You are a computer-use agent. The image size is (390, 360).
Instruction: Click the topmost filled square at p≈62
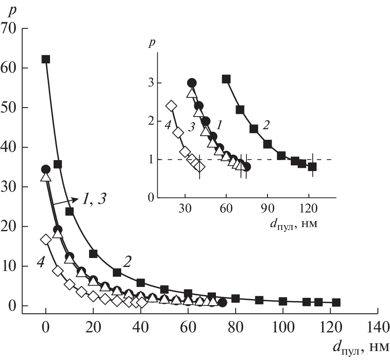point(46,59)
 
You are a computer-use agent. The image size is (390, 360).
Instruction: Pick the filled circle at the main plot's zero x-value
point(46,169)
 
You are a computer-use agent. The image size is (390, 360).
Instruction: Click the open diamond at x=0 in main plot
point(46,240)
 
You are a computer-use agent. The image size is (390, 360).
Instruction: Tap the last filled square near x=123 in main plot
point(336,302)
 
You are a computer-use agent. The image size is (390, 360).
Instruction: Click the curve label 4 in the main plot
point(40,263)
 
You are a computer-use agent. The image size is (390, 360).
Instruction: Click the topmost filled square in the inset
point(227,79)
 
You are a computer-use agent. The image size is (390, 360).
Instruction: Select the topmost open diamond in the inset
point(171,106)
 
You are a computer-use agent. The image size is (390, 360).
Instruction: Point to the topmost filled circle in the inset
point(192,83)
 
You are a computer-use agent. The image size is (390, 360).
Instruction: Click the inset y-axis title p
point(152,43)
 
